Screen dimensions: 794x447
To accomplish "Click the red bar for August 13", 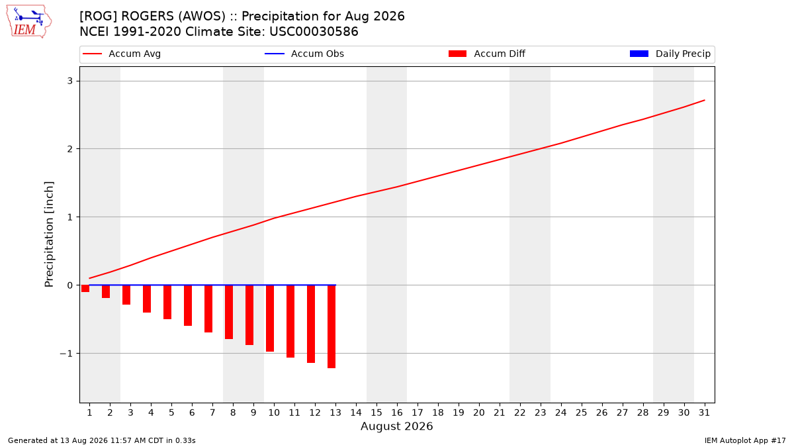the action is pyautogui.click(x=331, y=326).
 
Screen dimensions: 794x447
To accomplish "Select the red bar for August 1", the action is pyautogui.click(x=85, y=289).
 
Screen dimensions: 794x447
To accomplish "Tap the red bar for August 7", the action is pyautogui.click(x=208, y=309).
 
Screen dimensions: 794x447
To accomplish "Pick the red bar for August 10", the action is pyautogui.click(x=270, y=319).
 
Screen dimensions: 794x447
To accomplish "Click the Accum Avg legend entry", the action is pyautogui.click(x=122, y=54).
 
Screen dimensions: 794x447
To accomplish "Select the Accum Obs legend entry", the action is pyautogui.click(x=304, y=54).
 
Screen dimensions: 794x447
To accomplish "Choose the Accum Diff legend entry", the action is pyautogui.click(x=487, y=54).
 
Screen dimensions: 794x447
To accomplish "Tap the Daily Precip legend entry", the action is pyautogui.click(x=670, y=54).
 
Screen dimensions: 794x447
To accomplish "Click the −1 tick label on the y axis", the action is pyautogui.click(x=66, y=354).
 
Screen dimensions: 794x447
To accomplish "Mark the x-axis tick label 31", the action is pyautogui.click(x=704, y=413).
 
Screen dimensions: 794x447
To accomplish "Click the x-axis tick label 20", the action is pyautogui.click(x=479, y=413).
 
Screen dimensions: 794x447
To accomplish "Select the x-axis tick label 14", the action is pyautogui.click(x=356, y=413).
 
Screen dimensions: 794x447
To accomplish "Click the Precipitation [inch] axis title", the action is pyautogui.click(x=49, y=234).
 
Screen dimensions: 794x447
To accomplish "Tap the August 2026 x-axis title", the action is pyautogui.click(x=396, y=426).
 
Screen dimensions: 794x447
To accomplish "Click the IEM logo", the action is pyautogui.click(x=28, y=22).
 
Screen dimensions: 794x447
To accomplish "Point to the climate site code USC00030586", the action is pyautogui.click(x=314, y=32).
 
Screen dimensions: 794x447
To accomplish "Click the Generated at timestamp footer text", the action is pyautogui.click(x=102, y=440).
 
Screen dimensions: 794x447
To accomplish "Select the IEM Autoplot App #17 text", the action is pyautogui.click(x=745, y=440).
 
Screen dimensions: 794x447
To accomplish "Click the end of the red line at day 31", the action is pyautogui.click(x=704, y=101).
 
